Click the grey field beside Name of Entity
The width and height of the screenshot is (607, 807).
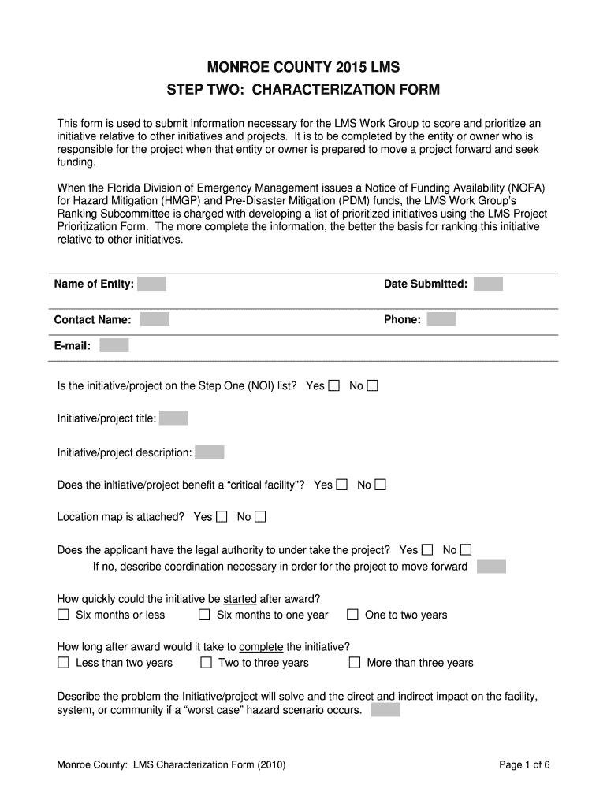[151, 284]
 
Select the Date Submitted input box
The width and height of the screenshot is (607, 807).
[488, 284]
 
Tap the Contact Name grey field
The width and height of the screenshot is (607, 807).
[155, 319]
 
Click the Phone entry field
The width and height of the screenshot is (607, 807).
[441, 319]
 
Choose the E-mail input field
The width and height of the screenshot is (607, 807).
[114, 345]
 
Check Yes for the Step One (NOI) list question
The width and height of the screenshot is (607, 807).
[334, 385]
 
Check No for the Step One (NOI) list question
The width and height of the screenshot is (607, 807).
[373, 385]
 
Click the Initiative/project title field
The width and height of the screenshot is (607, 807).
[173, 418]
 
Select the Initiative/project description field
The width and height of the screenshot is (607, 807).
[210, 452]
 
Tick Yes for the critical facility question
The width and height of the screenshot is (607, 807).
[342, 485]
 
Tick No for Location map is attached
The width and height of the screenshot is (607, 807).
[260, 517]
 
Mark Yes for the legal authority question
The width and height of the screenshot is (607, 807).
[427, 549]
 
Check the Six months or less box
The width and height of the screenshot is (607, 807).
[64, 615]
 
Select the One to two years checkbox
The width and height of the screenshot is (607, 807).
[352, 615]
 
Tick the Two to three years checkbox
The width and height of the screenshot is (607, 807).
[206, 663]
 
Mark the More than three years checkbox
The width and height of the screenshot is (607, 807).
[355, 663]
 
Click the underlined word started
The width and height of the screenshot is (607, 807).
[240, 599]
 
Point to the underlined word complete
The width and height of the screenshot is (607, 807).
[261, 647]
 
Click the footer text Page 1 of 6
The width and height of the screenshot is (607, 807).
[524, 764]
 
